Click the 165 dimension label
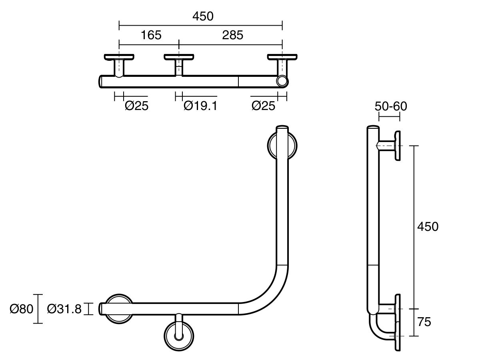(x=151, y=35)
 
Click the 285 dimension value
(x=232, y=35)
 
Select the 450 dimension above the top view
(x=203, y=16)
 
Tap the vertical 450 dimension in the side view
(x=428, y=226)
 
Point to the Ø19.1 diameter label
(x=200, y=106)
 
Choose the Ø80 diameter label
(x=21, y=309)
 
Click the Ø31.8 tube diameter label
(x=64, y=309)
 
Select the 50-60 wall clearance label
(x=391, y=106)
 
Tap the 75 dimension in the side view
(x=424, y=322)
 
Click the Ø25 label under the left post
(x=136, y=106)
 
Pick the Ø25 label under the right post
(x=263, y=106)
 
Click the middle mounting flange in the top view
(x=179, y=57)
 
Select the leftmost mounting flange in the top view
(x=119, y=57)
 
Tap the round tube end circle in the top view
(x=282, y=82)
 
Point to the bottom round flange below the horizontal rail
(x=179, y=334)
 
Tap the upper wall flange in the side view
(x=398, y=146)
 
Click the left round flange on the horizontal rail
(x=119, y=308)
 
